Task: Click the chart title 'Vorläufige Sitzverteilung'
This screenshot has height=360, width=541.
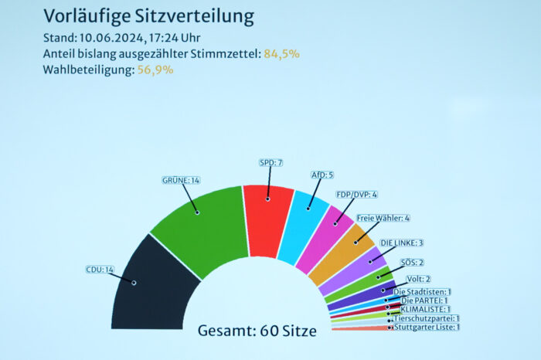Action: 148,16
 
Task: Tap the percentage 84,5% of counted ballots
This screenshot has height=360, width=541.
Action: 281,54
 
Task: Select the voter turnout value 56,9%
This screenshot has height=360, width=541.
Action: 156,70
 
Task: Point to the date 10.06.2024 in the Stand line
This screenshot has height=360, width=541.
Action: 113,38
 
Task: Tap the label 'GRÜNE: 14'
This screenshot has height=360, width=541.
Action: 181,180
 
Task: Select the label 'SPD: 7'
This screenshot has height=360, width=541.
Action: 270,163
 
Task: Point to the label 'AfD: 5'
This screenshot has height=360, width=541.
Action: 322,175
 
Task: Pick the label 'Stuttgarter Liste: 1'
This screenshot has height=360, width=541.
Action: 427,327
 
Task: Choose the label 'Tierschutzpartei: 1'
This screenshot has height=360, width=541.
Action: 427,318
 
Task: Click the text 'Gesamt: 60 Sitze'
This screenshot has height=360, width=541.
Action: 257,331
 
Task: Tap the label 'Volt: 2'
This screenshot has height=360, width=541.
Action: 418,279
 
